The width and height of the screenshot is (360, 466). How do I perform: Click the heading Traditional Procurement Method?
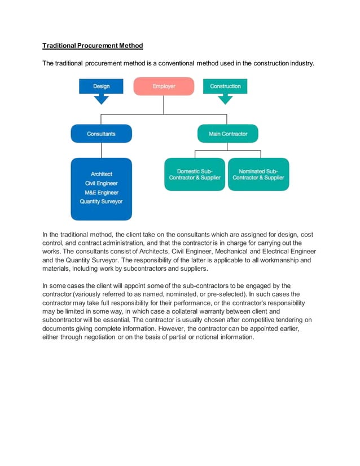[x=93, y=45]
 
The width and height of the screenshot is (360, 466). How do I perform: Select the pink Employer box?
[x=164, y=86]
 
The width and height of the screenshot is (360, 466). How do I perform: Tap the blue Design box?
[x=101, y=86]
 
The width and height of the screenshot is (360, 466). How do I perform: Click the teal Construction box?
[x=225, y=86]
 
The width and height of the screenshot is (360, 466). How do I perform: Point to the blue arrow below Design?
[x=101, y=99]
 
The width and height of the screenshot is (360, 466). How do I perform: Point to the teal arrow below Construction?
[x=225, y=99]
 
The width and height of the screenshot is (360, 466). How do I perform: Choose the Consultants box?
[x=101, y=134]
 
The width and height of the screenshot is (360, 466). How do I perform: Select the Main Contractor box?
[x=227, y=134]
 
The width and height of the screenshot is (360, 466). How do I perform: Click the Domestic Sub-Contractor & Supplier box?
[x=195, y=174]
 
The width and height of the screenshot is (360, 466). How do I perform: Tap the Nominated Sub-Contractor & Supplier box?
[x=258, y=174]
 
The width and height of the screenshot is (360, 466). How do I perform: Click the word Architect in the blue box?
[x=101, y=174]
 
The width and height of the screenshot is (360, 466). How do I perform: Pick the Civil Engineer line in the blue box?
[x=101, y=183]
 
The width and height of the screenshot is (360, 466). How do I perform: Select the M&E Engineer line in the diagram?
[x=101, y=192]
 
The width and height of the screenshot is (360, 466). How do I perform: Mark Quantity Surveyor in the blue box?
[x=101, y=201]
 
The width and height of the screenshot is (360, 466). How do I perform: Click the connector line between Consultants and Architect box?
[x=101, y=150]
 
